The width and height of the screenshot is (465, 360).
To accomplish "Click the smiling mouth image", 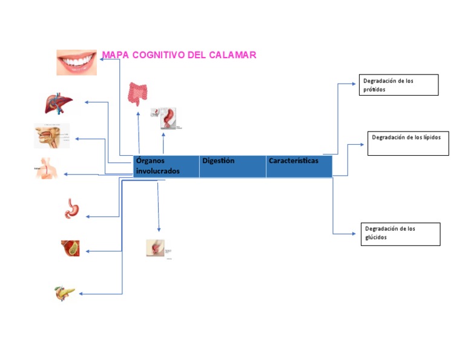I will (x=76, y=62).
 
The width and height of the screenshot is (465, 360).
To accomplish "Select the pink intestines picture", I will (x=137, y=94).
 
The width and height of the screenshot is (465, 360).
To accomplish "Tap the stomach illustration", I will (x=71, y=208).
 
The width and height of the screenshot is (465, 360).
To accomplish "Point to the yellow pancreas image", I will (x=65, y=293).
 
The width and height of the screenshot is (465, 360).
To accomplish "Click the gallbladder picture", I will (x=70, y=248).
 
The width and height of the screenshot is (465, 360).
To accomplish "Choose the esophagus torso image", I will (x=47, y=169).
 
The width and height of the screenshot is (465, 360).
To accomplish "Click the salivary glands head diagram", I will (x=51, y=136).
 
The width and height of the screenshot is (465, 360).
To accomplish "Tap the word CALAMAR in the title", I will (x=232, y=55).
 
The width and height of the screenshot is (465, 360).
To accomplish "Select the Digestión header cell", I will (x=232, y=166).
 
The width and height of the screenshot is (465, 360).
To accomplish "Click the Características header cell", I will (x=298, y=166).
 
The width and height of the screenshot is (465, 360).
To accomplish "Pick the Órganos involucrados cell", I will (x=166, y=166).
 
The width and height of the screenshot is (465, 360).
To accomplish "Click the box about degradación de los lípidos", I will (x=408, y=143).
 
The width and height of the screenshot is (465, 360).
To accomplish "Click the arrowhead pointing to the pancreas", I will (x=82, y=294).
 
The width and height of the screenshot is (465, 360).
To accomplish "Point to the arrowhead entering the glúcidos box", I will (x=354, y=233).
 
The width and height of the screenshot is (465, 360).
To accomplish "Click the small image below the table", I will (x=159, y=248).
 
